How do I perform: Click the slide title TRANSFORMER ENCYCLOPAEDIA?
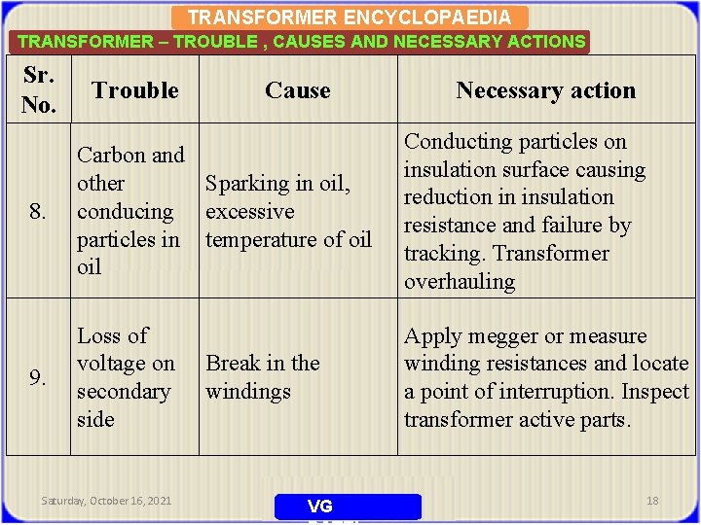point(349,17)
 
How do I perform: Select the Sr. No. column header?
point(39,90)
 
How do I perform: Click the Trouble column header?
point(134,90)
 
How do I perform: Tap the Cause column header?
point(297,90)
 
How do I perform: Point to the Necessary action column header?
point(545,90)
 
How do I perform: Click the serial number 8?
point(36,211)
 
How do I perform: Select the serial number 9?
point(36,377)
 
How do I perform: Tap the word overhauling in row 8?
point(460,282)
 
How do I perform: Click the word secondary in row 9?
point(124,392)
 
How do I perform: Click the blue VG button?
point(348,507)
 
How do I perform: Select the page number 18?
point(652,501)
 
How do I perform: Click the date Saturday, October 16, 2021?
point(106,501)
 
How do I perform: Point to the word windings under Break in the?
point(247,392)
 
